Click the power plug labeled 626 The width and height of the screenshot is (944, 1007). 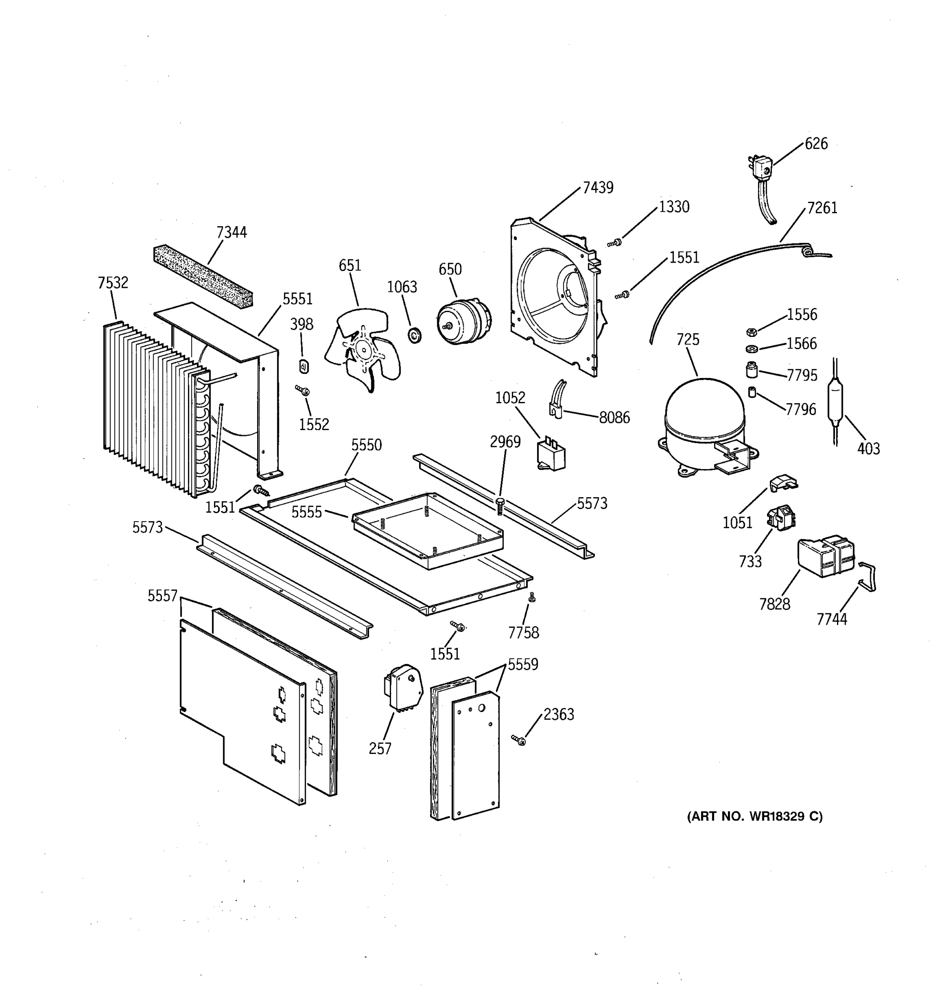(760, 167)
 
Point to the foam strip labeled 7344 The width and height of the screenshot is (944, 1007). (203, 277)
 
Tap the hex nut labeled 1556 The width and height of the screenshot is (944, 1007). (751, 332)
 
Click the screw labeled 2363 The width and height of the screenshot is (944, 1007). (519, 740)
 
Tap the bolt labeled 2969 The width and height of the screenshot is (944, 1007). (500, 506)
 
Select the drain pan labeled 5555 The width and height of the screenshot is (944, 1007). (428, 530)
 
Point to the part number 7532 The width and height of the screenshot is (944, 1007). (113, 283)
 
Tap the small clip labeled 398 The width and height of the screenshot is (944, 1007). (304, 366)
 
